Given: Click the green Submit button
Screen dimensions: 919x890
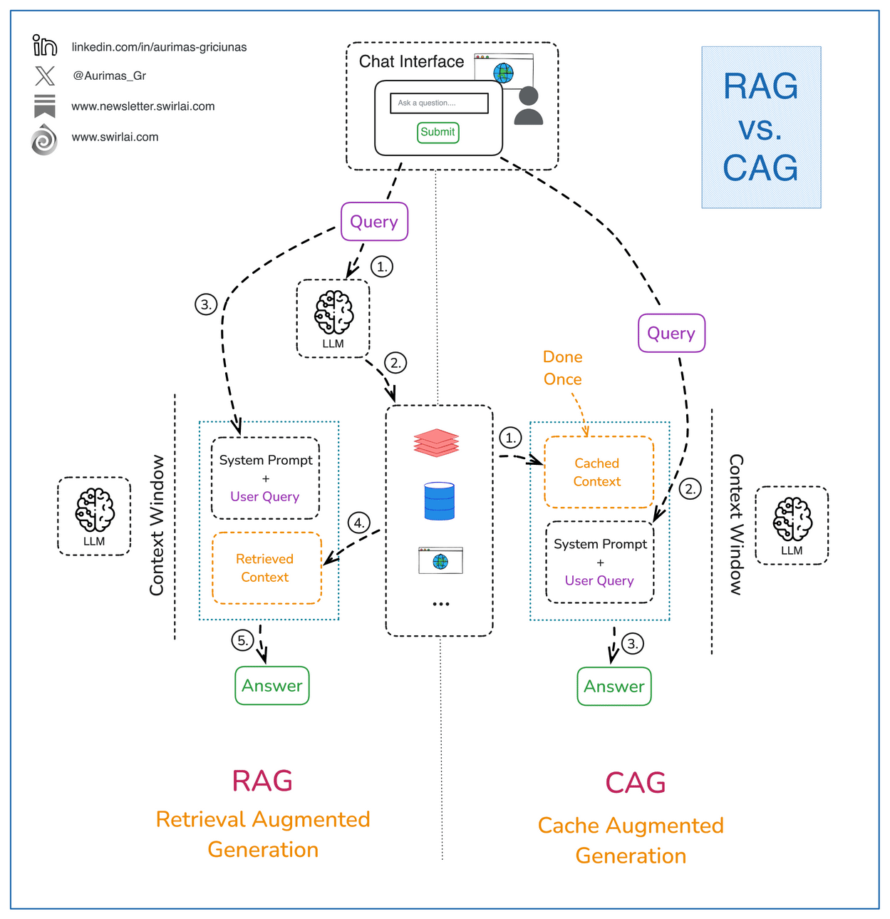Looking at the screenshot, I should click(x=438, y=133).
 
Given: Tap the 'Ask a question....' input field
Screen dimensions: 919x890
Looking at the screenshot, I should click(x=439, y=103).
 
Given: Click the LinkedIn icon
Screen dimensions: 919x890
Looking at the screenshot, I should click(x=45, y=46).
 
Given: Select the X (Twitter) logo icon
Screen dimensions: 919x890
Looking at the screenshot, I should click(x=45, y=76).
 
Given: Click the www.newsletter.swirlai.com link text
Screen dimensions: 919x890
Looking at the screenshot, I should click(x=143, y=106).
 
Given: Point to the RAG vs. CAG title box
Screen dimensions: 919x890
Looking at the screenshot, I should click(x=761, y=128).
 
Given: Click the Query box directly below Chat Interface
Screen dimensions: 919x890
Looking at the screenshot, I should click(x=374, y=222).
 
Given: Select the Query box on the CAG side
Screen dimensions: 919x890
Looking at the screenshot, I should click(x=671, y=333).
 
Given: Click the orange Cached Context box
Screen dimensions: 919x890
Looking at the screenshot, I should click(x=599, y=472).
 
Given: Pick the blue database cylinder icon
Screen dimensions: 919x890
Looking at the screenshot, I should click(x=439, y=500).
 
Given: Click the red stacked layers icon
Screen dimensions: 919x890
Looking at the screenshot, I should click(x=436, y=443).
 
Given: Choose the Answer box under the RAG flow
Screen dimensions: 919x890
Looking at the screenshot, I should click(x=272, y=686).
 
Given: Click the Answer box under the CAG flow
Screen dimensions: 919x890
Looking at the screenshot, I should click(x=614, y=687).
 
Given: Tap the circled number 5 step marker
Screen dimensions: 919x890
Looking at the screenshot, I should click(x=243, y=640).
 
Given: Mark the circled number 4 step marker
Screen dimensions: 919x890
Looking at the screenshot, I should click(x=359, y=523).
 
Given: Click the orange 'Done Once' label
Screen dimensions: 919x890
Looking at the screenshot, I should click(x=563, y=368).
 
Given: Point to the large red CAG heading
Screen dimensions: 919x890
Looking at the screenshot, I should click(x=635, y=783).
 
